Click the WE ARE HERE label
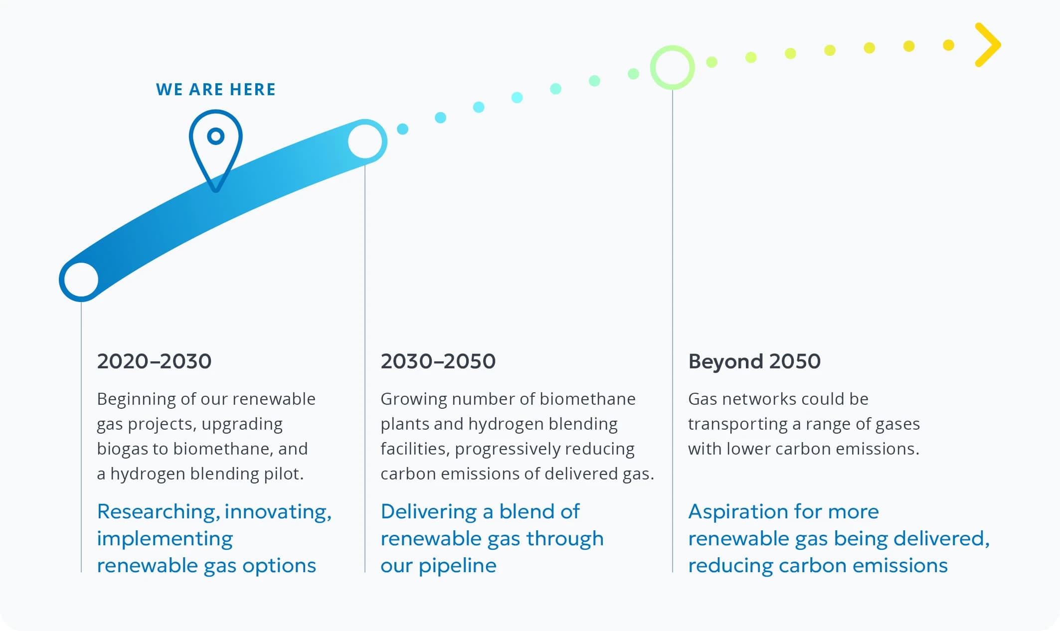pos(215,90)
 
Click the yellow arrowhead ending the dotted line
pos(988,45)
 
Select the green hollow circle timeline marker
pos(672,68)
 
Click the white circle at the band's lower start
pos(81,280)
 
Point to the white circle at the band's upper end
pos(365,142)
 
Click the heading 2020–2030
pos(154,361)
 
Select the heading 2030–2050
pos(438,361)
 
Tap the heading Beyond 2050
pos(754,361)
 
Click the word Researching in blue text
pos(158,512)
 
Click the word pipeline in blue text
pos(457,566)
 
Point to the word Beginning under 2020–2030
pos(136,399)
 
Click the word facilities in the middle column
pos(415,449)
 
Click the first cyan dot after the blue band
pos(402,129)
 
